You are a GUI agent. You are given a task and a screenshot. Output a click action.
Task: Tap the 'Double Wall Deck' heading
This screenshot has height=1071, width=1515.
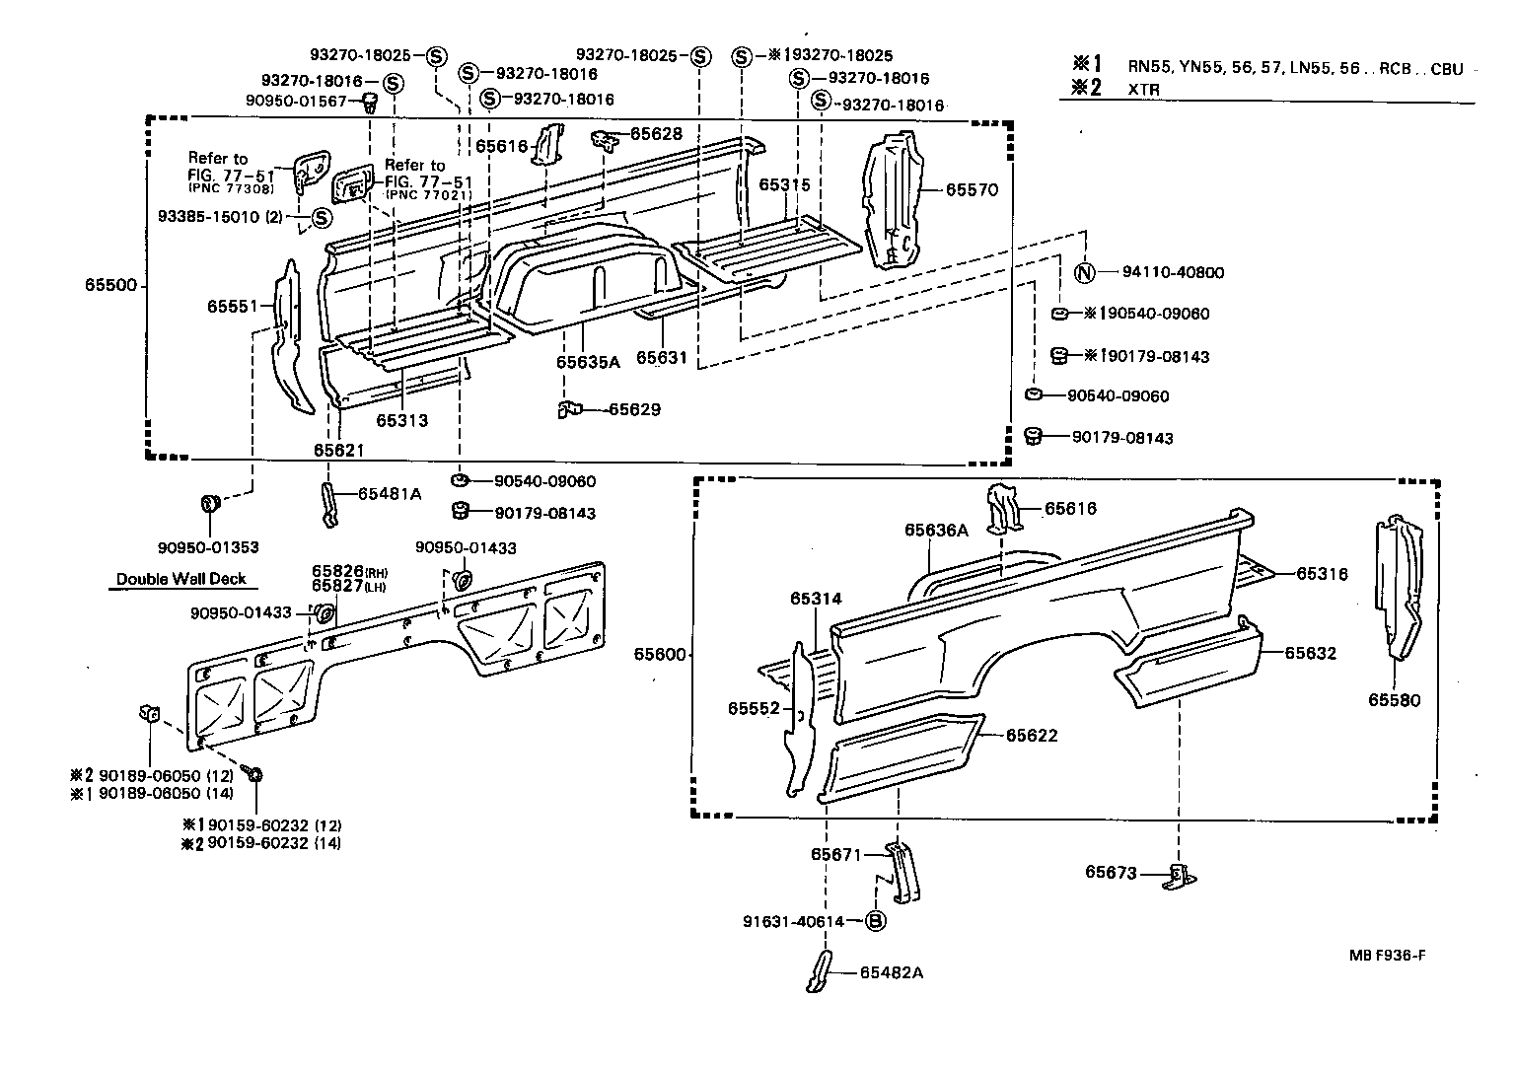tap(180, 579)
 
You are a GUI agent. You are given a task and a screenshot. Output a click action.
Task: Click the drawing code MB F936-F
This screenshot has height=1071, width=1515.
tap(1389, 956)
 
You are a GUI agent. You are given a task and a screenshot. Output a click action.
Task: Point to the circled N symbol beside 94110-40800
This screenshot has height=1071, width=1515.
tap(1083, 273)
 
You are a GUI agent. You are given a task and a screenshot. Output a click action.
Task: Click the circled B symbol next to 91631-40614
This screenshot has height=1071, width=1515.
tap(875, 921)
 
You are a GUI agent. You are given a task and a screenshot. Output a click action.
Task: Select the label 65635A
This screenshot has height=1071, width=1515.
tap(588, 362)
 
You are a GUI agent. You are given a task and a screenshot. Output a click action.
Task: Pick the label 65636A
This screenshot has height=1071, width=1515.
tap(936, 531)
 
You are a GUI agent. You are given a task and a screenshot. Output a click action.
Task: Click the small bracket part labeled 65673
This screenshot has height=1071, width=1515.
tap(1180, 875)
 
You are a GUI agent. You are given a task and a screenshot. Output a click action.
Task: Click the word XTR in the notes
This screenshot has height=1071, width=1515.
tap(1144, 89)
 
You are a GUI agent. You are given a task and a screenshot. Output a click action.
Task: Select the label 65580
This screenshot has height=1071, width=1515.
tap(1394, 700)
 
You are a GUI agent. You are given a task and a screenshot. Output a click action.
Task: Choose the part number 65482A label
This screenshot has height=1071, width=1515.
tap(891, 972)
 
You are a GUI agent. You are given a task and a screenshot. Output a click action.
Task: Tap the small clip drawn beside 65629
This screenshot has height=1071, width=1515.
tap(570, 408)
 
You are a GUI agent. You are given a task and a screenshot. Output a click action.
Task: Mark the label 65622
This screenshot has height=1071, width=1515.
tap(1032, 735)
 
